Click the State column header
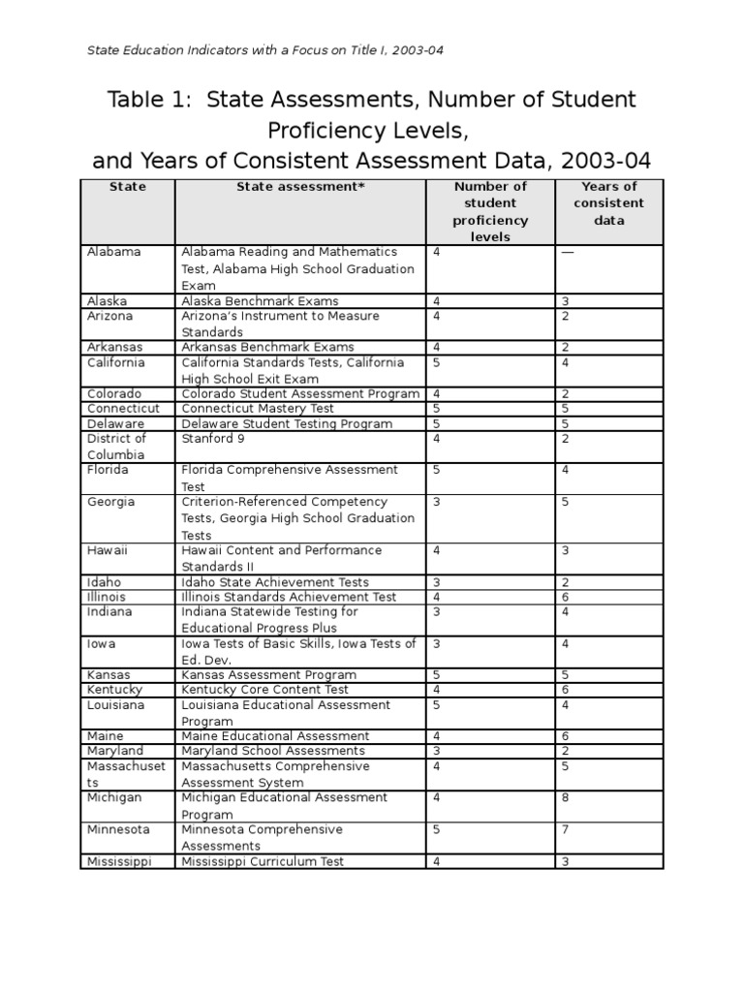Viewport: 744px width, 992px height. point(127,187)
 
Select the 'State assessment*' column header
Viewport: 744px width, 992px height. point(300,187)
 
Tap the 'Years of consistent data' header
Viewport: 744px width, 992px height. point(608,203)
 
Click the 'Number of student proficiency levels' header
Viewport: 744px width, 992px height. point(490,211)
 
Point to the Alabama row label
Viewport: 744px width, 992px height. point(113,252)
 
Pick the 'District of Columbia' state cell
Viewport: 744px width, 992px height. point(116,447)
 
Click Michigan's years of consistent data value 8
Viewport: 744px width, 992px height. point(566,797)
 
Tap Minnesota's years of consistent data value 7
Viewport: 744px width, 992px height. point(566,830)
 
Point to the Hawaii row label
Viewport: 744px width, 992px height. point(107,550)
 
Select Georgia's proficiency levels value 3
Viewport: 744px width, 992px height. point(437,502)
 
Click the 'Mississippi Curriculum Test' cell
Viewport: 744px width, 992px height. point(263,861)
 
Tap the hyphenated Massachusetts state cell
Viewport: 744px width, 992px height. point(126,774)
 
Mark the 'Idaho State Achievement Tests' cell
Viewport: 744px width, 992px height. point(274,582)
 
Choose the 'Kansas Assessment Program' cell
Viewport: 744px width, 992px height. point(268,674)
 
